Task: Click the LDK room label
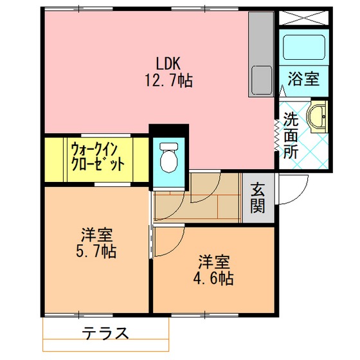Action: pyautogui.click(x=168, y=64)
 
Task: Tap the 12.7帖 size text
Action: pyautogui.click(x=168, y=80)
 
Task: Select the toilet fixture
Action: pyautogui.click(x=168, y=157)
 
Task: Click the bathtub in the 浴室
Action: pyautogui.click(x=303, y=48)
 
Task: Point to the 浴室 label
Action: pyautogui.click(x=303, y=79)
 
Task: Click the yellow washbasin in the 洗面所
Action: pyautogui.click(x=317, y=116)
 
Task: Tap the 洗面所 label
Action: pyautogui.click(x=291, y=136)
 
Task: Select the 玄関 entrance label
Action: pyautogui.click(x=258, y=198)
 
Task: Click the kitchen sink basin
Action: pyautogui.click(x=262, y=80)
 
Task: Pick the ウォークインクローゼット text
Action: pyautogui.click(x=98, y=157)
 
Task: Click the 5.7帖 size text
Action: pyautogui.click(x=96, y=251)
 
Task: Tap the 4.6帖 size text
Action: pyautogui.click(x=213, y=278)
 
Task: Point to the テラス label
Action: pyautogui.click(x=105, y=333)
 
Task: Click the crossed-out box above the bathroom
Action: pyautogui.click(x=303, y=18)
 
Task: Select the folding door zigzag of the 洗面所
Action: pyautogui.click(x=276, y=136)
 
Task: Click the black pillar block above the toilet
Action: pyautogui.click(x=168, y=130)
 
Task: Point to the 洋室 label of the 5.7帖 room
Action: pyautogui.click(x=96, y=235)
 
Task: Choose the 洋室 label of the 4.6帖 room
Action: pyautogui.click(x=214, y=262)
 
